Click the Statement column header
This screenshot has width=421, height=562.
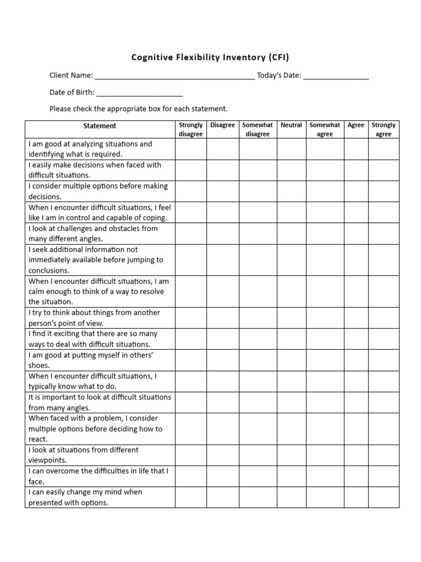pos(100,126)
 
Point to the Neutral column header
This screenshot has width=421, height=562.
pos(291,125)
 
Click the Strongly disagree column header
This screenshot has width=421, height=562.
pos(191,130)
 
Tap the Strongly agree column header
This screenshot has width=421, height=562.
pos(384,130)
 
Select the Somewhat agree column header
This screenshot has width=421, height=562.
pos(325,130)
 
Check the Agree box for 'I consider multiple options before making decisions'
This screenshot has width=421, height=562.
pos(356,192)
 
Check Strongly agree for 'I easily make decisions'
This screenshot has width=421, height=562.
pos(384,170)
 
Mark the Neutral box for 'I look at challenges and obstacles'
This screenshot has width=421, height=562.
pos(291,234)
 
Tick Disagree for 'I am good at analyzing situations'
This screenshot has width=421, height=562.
pos(223,149)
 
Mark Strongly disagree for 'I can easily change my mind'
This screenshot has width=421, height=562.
pos(191,497)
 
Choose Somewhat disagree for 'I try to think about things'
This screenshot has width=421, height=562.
pos(258,318)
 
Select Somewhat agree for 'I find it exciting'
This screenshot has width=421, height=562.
pos(325,339)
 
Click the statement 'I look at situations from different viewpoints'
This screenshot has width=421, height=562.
pos(83,455)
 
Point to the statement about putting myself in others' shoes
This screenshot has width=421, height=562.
pos(90,360)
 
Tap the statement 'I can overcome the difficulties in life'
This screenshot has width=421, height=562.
pos(98,476)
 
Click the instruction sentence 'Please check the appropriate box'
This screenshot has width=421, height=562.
pos(138,109)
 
